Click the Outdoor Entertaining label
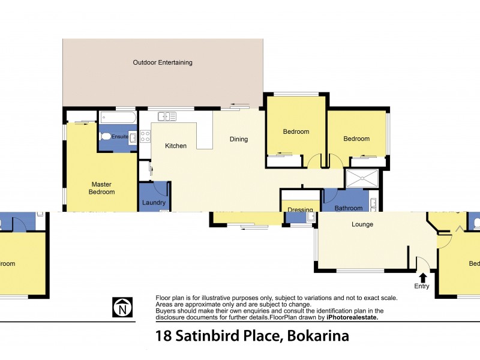coord(163,62)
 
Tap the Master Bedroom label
coord(103,188)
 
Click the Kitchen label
coord(176,146)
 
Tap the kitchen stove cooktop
coord(145,136)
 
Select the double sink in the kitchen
coord(163,116)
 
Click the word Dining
coord(239,139)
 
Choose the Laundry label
coord(154,203)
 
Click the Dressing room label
coord(300,210)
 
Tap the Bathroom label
coord(349,208)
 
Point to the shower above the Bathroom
coord(362,178)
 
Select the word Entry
coord(422,286)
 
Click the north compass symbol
coord(122,307)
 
